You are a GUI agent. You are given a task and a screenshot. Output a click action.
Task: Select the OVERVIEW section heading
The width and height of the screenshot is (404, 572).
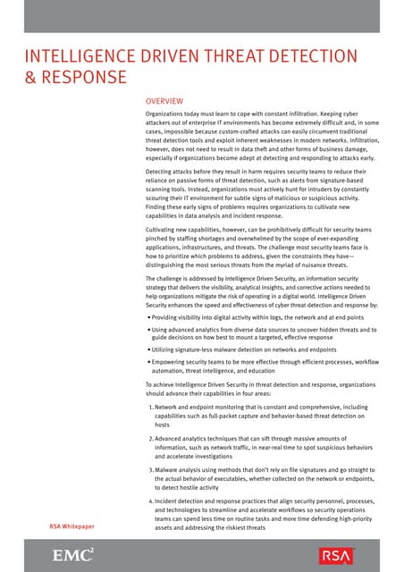pos(164,102)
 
